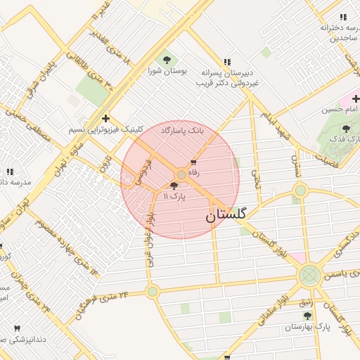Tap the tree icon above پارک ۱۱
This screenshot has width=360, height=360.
tap(174, 186)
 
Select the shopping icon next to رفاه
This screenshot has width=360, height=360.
tap(193, 162)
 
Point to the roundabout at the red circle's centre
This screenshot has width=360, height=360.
tap(181, 174)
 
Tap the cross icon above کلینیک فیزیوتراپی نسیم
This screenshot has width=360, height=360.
tap(105, 118)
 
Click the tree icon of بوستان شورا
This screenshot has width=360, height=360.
tap(166, 60)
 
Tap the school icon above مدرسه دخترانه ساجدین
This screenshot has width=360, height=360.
tap(343, 17)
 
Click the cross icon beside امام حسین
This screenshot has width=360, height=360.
tap(355, 98)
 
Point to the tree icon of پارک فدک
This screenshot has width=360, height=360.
tap(345, 128)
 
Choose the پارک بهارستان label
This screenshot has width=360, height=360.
tap(307, 327)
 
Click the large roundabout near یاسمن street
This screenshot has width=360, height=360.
tap(309, 276)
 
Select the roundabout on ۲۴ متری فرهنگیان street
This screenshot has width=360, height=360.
tap(152, 291)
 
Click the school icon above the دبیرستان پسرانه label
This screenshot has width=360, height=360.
tap(226, 62)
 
